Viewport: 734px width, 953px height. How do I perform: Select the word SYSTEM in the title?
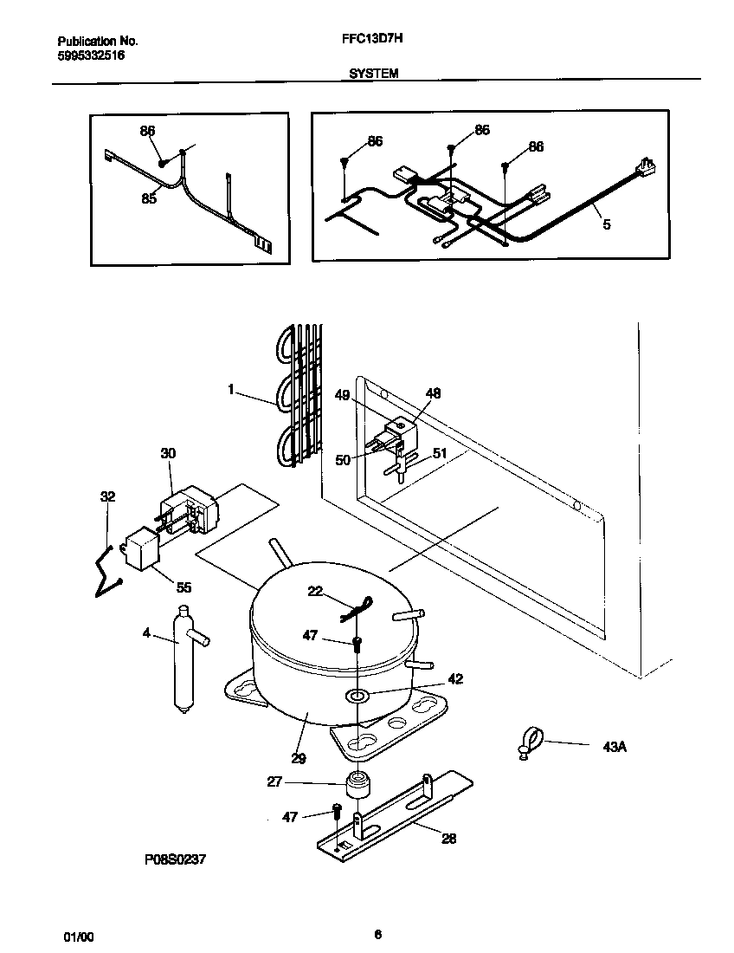point(373,75)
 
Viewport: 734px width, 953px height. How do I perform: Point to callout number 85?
point(149,198)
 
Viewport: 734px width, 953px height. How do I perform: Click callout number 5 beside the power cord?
point(606,224)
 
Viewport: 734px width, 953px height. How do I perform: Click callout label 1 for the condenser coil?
point(231,391)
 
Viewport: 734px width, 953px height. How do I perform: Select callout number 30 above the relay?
point(168,453)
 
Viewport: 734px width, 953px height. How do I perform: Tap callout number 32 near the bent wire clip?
point(107,496)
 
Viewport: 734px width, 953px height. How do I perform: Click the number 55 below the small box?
point(183,587)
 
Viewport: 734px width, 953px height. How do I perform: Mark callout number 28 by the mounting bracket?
point(448,838)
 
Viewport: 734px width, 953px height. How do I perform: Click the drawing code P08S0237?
point(176,860)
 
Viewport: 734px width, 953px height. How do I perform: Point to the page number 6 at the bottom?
point(377,934)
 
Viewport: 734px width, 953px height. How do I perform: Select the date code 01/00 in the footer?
point(79,937)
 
